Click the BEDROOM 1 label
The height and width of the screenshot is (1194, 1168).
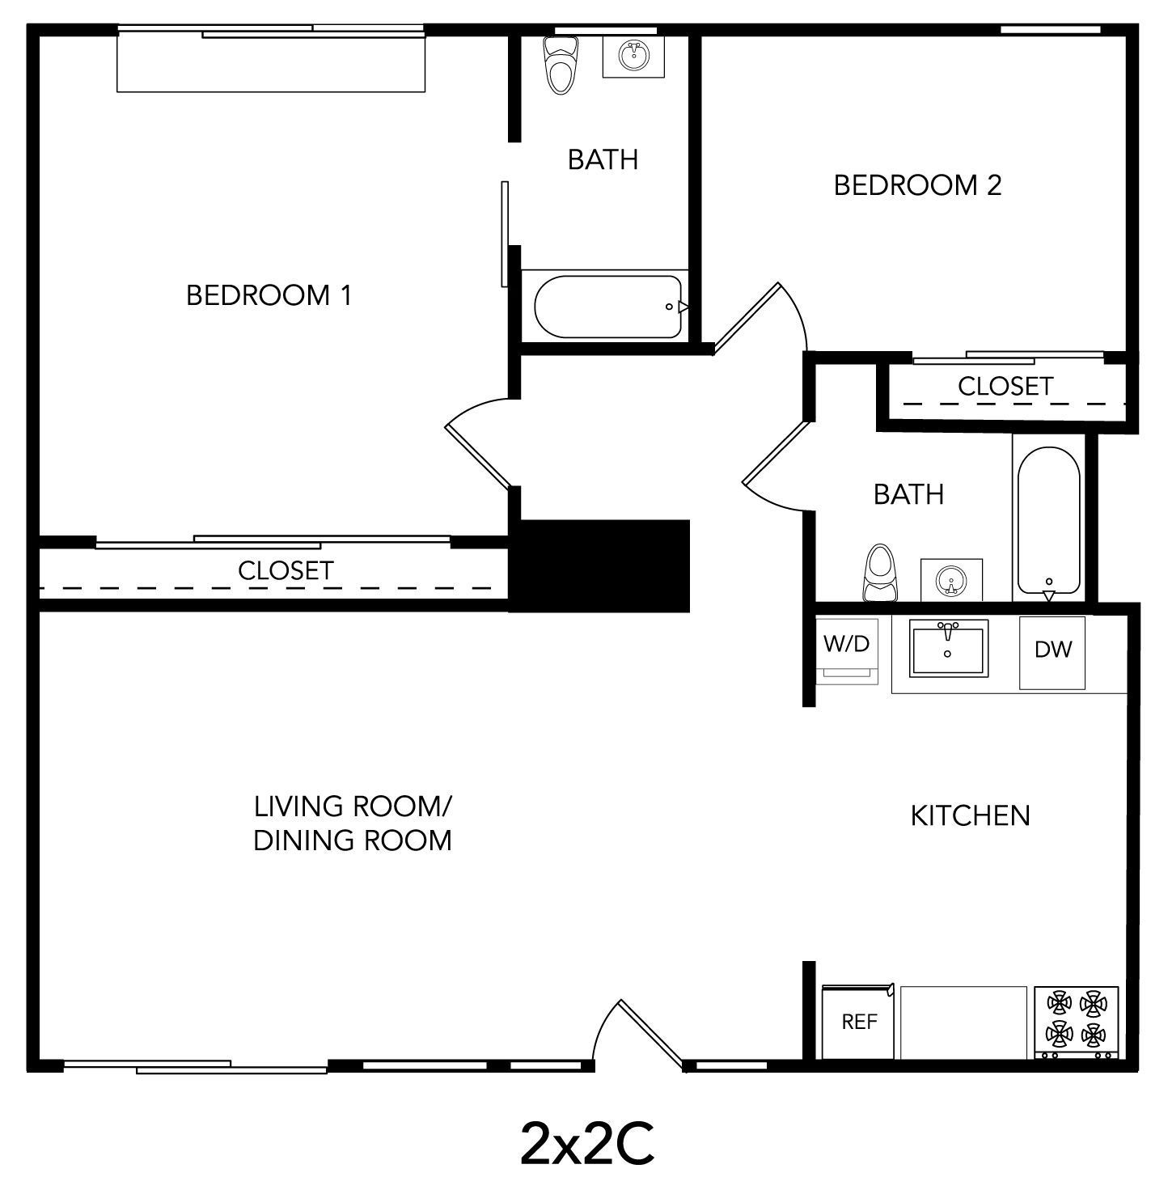point(269,295)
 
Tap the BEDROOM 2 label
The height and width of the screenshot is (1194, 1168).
point(917,185)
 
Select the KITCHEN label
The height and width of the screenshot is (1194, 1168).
point(970,815)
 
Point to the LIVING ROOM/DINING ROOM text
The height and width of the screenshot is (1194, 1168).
point(353,823)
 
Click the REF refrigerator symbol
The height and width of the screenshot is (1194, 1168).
point(858,1022)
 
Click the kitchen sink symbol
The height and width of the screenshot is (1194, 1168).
point(949,648)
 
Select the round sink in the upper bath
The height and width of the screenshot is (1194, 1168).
point(633,56)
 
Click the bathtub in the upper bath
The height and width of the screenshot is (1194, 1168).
point(609,307)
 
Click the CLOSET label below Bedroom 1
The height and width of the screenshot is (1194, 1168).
point(286,570)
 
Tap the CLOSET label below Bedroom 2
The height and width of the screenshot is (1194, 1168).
point(1005,386)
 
